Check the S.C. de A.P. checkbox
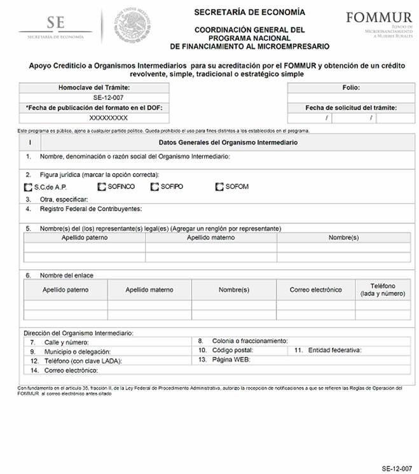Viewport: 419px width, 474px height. pos(27,187)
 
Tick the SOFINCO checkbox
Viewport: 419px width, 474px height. pos(102,186)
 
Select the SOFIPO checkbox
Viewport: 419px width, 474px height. pos(155,186)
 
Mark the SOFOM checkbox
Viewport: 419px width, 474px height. pos(220,186)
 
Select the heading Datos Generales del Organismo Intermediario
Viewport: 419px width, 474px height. pos(228,143)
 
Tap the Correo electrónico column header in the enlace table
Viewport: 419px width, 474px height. pos(315,289)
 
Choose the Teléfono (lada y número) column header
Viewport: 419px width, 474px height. pos(382,290)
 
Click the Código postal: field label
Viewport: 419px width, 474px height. pos(235,350)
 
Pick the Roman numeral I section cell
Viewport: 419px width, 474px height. pos(30,143)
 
